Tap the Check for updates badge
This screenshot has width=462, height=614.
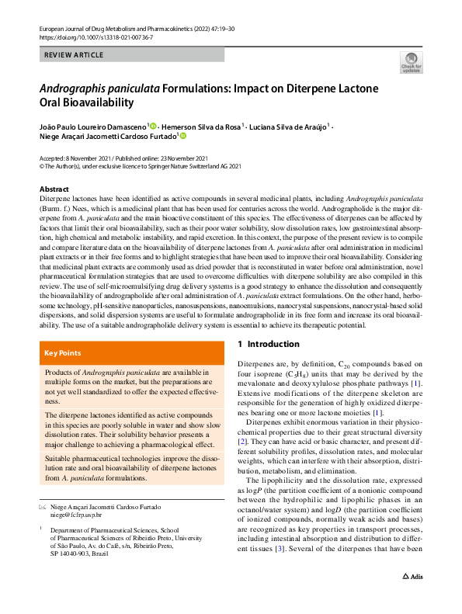(x=411, y=62)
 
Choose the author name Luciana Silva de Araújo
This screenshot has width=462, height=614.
(x=288, y=125)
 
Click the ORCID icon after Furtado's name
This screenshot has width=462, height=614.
(x=183, y=136)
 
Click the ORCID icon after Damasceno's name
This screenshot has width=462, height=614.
(x=154, y=125)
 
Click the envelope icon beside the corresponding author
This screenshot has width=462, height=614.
(x=42, y=506)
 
